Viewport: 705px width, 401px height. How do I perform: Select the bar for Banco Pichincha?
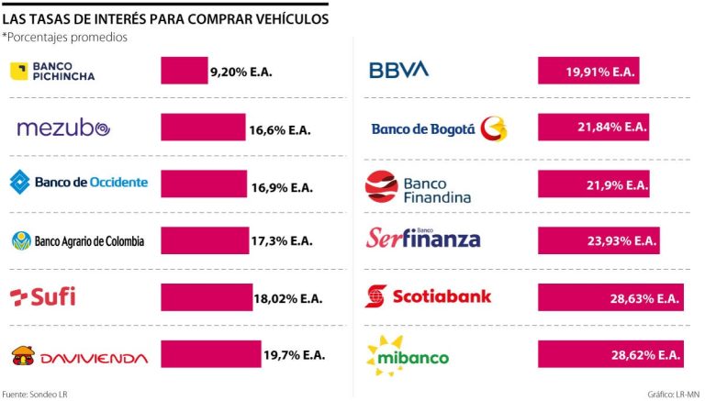pyautogui.click(x=184, y=71)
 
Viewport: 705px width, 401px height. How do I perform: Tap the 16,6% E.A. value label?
pyautogui.click(x=280, y=131)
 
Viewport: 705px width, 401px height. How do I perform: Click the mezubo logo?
pyautogui.click(x=63, y=128)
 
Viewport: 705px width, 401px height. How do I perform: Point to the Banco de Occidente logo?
pyautogui.click(x=79, y=183)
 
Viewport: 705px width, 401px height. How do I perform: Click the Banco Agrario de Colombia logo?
pyautogui.click(x=78, y=241)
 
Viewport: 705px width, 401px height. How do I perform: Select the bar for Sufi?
pyautogui.click(x=207, y=297)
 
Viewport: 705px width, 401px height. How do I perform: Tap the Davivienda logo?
pyautogui.click(x=78, y=355)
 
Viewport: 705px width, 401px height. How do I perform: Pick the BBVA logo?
pyautogui.click(x=398, y=70)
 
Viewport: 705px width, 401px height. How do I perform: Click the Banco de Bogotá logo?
pyautogui.click(x=438, y=128)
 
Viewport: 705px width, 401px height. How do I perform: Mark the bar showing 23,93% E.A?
pyautogui.click(x=599, y=241)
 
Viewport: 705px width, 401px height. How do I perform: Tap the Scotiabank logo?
pyautogui.click(x=428, y=296)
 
